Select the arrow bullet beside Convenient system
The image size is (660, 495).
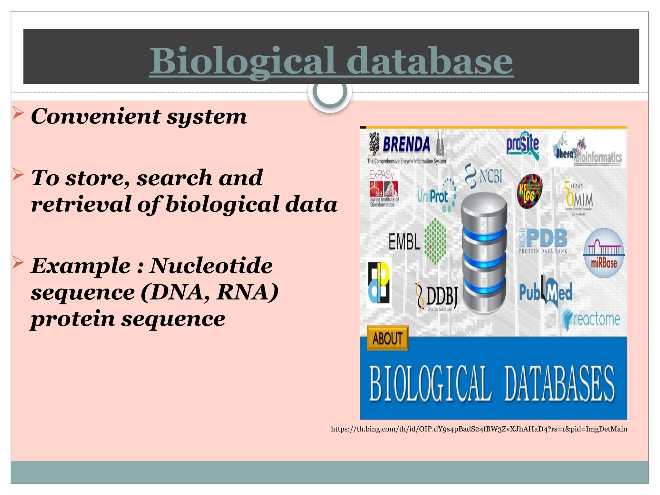tap(18, 114)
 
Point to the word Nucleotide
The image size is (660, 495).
tap(211, 266)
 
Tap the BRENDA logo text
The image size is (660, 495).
tap(406, 144)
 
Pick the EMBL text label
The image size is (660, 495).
tap(404, 242)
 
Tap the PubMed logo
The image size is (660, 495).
tap(545, 292)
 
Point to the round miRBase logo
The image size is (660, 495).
tap(604, 253)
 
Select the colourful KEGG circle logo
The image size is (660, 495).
tap(529, 191)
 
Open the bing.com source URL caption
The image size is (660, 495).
tap(479, 429)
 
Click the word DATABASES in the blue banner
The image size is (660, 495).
tap(559, 384)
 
